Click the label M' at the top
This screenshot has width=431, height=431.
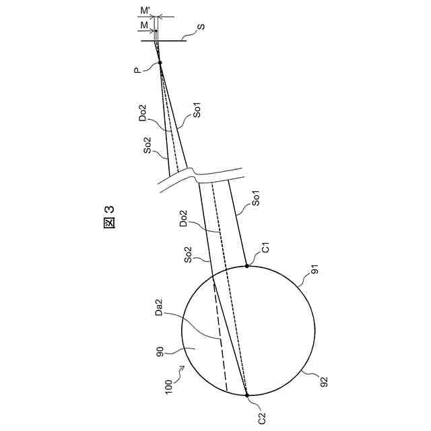tap(145, 11)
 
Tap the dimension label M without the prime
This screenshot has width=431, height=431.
tap(144, 26)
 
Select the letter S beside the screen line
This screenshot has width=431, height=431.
tap(201, 27)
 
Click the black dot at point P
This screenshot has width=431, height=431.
tap(160, 63)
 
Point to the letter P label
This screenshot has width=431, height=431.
tap(137, 71)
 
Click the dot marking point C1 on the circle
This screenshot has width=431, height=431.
tap(247, 266)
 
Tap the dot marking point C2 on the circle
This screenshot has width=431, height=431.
tap(247, 395)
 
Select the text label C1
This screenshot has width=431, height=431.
tap(267, 247)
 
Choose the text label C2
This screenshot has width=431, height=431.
tap(262, 418)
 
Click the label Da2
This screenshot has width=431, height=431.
tap(159, 307)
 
